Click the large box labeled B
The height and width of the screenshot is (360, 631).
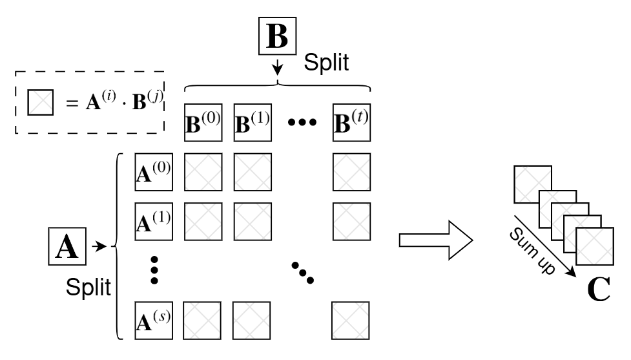(277, 36)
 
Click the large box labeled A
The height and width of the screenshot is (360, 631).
(67, 246)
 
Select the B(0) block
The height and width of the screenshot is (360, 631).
(203, 122)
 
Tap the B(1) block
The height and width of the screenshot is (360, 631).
(253, 122)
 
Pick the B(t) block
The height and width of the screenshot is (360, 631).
(352, 122)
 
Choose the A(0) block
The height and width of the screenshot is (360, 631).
(154, 172)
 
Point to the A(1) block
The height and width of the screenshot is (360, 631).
(154, 222)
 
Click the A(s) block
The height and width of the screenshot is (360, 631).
(154, 321)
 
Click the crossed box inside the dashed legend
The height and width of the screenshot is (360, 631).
(41, 102)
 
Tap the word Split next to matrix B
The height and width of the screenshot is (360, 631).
(326, 63)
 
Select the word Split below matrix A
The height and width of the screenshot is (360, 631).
(88, 287)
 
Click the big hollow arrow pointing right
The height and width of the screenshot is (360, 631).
(436, 240)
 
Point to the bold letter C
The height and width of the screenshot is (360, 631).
(599, 290)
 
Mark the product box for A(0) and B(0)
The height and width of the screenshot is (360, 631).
(203, 172)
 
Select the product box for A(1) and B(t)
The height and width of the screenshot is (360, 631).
(352, 222)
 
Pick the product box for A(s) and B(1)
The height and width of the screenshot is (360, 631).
(251, 321)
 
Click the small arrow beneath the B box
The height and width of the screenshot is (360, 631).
(277, 67)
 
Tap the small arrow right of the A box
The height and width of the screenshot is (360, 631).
(99, 246)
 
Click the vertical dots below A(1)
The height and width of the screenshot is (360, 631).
(154, 270)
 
